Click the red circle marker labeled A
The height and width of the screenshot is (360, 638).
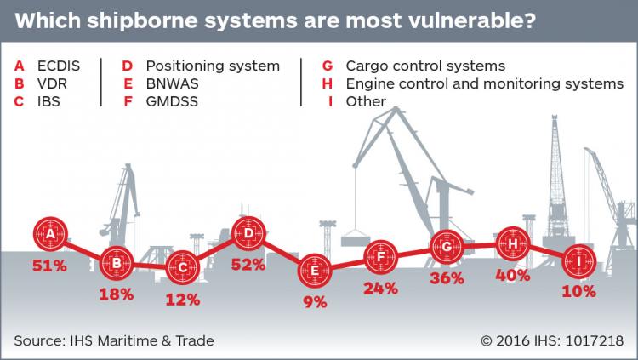coord(50,234)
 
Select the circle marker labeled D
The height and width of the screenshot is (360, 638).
coord(248,233)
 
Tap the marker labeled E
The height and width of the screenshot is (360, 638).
coord(315,271)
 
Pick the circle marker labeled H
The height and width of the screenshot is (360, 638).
coord(513,244)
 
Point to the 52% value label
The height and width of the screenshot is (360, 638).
coord(248,265)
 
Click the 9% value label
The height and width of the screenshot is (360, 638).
coord(315,302)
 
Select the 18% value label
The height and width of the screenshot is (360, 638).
coord(117,294)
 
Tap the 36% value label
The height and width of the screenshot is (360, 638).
coord(447,278)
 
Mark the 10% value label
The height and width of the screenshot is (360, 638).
coord(579,292)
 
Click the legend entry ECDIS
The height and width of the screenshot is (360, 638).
coord(59,66)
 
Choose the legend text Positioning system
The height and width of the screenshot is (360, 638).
coord(213,66)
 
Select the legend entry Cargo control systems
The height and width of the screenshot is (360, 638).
coord(425,66)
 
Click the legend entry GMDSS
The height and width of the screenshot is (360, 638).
coord(172,101)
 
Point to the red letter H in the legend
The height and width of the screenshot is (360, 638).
coord(328,84)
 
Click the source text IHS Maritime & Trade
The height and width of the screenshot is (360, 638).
coord(142,341)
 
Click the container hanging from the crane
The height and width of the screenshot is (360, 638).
coord(356,237)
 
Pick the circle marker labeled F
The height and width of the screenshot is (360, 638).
coord(381,257)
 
